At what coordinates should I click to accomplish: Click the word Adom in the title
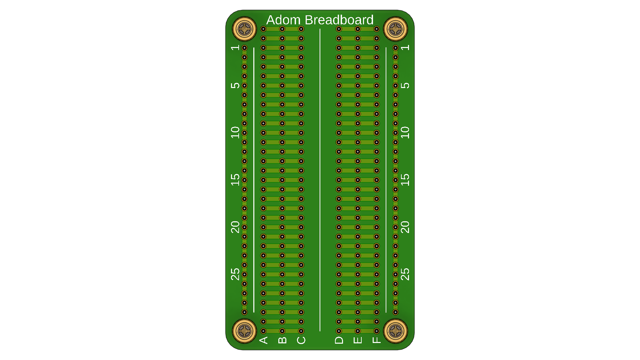point(283,20)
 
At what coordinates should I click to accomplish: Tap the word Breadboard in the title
point(339,20)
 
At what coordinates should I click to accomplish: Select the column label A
point(263,340)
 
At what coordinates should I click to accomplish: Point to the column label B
point(282,340)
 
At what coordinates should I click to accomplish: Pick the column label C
point(301,340)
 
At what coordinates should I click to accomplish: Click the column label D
point(339,340)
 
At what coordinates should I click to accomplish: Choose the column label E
point(358,340)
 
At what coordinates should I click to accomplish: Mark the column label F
point(376,340)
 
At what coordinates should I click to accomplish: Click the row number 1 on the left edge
point(235,47)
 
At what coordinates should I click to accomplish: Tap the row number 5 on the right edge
point(405,85)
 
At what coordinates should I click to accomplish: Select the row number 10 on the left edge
point(235,132)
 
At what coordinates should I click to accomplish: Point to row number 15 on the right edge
point(405,180)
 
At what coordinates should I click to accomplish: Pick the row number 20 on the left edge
point(235,227)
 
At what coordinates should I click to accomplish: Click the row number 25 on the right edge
point(405,274)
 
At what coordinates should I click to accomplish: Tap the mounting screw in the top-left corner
point(244,29)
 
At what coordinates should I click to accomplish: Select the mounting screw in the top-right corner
point(396,29)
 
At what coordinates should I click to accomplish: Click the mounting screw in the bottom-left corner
point(244,331)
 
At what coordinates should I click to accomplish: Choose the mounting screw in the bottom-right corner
point(396,331)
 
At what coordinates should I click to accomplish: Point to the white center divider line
point(320,180)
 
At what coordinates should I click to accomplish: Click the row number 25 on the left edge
point(235,274)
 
